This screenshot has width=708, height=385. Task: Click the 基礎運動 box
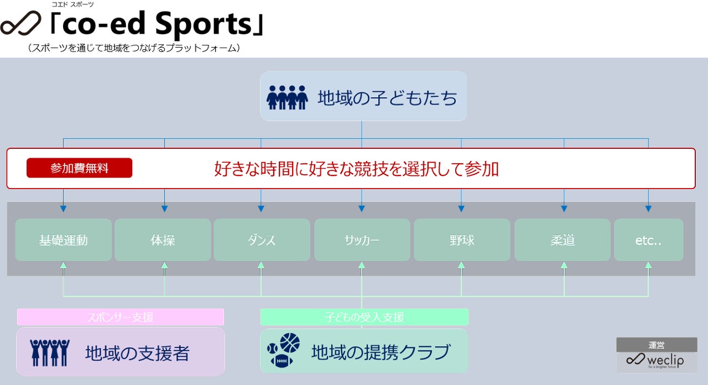pyautogui.click(x=64, y=240)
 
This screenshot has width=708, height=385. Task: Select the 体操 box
pyautogui.click(x=163, y=240)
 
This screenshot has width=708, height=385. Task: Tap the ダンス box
pyautogui.click(x=262, y=240)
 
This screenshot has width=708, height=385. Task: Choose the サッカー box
pyautogui.click(x=362, y=240)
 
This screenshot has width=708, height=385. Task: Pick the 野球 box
pyautogui.click(x=462, y=240)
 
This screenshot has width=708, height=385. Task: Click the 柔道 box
pyautogui.click(x=563, y=240)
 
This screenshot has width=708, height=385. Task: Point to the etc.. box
pyautogui.click(x=648, y=240)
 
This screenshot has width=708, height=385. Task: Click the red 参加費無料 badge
pyautogui.click(x=79, y=168)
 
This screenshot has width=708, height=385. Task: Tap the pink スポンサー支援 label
pyautogui.click(x=121, y=317)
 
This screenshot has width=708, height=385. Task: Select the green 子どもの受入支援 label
pyautogui.click(x=365, y=317)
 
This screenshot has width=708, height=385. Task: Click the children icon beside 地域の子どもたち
pyautogui.click(x=287, y=97)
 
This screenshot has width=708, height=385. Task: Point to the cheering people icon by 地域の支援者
pyautogui.click(x=50, y=352)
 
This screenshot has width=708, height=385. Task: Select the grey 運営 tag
pyautogui.click(x=657, y=345)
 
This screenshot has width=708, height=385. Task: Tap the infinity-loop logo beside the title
pyautogui.click(x=20, y=24)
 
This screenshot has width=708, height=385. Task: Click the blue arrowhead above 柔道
pyautogui.click(x=564, y=209)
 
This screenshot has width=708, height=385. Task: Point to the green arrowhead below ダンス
pyautogui.click(x=261, y=265)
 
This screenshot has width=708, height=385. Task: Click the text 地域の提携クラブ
pyautogui.click(x=381, y=352)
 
